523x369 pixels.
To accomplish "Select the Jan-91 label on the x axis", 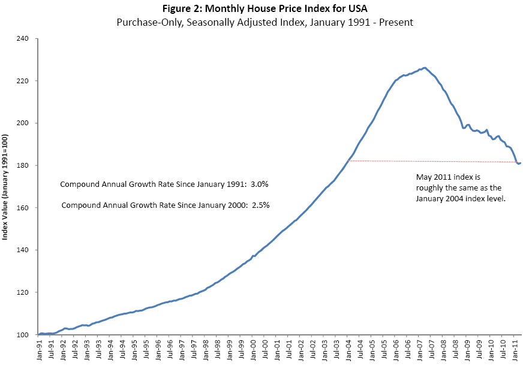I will (39, 350).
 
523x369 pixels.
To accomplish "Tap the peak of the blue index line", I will (425, 68).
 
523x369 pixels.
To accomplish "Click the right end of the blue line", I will (521, 163).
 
